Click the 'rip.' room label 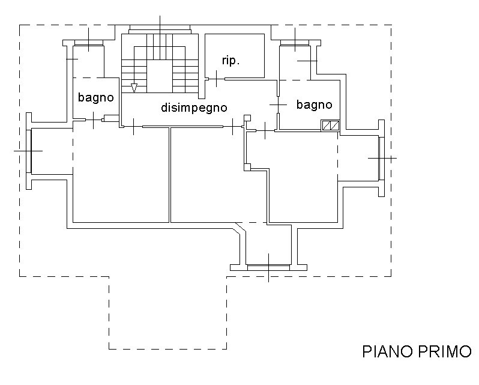click(x=230, y=61)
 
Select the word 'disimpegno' click(x=194, y=108)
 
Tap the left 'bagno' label click(x=96, y=98)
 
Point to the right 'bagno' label click(x=315, y=105)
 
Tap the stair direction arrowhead click(x=134, y=88)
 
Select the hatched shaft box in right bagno click(x=330, y=126)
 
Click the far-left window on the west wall click(x=29, y=151)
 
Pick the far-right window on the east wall click(x=382, y=159)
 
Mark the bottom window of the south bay click(x=268, y=268)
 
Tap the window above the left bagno click(x=89, y=43)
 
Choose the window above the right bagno click(x=295, y=43)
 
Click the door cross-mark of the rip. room click(x=217, y=79)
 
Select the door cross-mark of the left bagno click(x=93, y=120)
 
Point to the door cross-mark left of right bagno click(x=279, y=105)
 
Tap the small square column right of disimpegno click(x=247, y=118)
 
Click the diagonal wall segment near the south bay click(x=239, y=229)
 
